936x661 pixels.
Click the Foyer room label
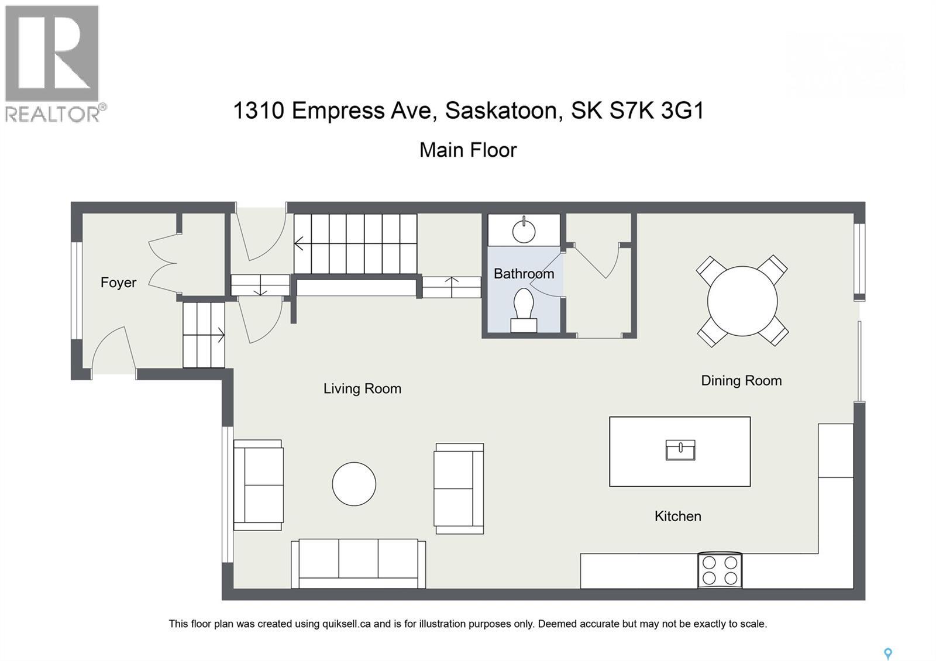click(x=118, y=283)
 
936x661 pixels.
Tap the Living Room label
click(x=362, y=388)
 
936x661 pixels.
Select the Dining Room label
click(x=741, y=381)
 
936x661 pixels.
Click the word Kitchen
click(x=677, y=516)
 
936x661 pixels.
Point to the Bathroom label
click(x=524, y=274)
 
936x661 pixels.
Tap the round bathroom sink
click(x=524, y=230)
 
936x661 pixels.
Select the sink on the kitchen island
click(x=680, y=450)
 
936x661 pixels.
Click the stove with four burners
click(x=720, y=570)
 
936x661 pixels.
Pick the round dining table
click(x=742, y=301)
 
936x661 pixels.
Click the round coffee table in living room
click(x=354, y=484)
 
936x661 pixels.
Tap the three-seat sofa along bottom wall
click(x=358, y=563)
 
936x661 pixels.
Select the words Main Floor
click(x=468, y=150)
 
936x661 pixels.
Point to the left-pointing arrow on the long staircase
click(x=300, y=243)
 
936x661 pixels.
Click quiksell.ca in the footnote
click(x=346, y=624)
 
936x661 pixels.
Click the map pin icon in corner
click(x=887, y=653)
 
